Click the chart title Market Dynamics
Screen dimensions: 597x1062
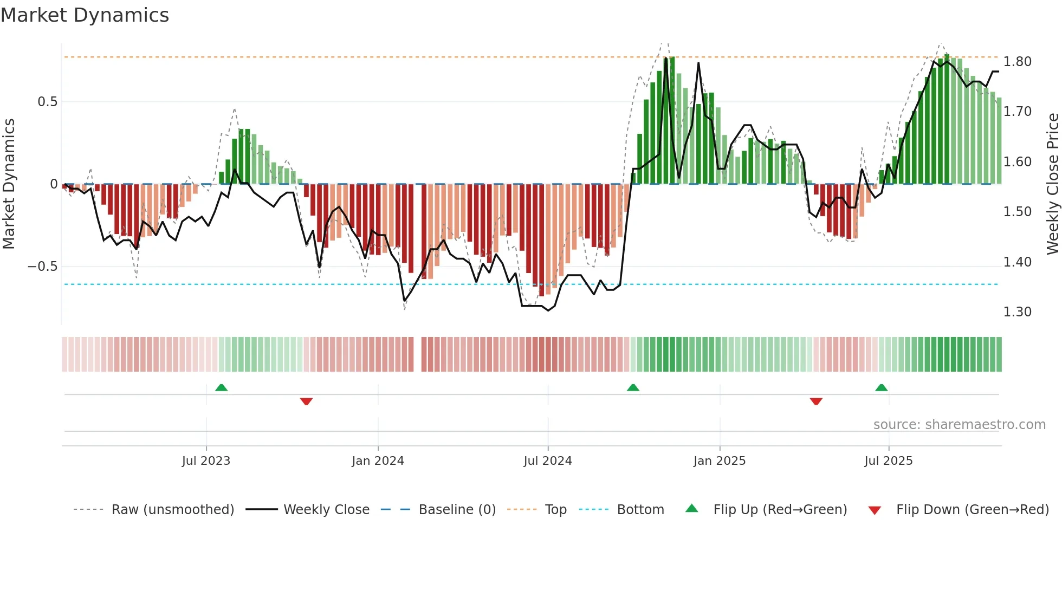click(85, 15)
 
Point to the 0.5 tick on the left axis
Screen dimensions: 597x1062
click(47, 102)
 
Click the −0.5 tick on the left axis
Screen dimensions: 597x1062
click(43, 267)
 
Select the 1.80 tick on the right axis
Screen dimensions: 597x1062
click(1017, 62)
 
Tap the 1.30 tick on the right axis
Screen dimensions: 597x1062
click(1017, 312)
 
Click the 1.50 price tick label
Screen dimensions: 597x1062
click(1017, 212)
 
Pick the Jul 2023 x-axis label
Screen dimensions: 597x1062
click(206, 461)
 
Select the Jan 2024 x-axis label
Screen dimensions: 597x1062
click(378, 461)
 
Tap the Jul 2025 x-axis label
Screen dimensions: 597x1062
click(888, 461)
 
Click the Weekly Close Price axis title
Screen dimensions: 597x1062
click(1052, 184)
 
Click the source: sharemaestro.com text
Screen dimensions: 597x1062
click(959, 425)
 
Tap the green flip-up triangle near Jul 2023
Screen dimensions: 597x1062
click(221, 388)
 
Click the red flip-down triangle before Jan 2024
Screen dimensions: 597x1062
click(306, 401)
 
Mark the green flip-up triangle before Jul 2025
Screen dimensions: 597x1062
click(881, 388)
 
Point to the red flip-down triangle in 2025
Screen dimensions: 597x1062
click(816, 401)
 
